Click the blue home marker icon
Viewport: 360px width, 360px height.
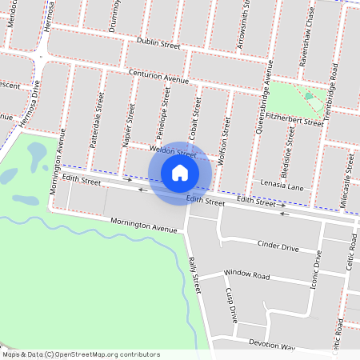pos(180,172)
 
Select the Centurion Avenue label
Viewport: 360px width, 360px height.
pos(159,76)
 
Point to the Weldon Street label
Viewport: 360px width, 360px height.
pos(174,150)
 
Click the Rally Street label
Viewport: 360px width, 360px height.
pos(193,273)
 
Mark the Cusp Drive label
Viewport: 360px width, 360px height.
pos(231,305)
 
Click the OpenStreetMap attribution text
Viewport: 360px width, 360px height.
pos(80,354)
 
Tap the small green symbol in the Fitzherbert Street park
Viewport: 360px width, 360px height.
pos(309,96)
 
